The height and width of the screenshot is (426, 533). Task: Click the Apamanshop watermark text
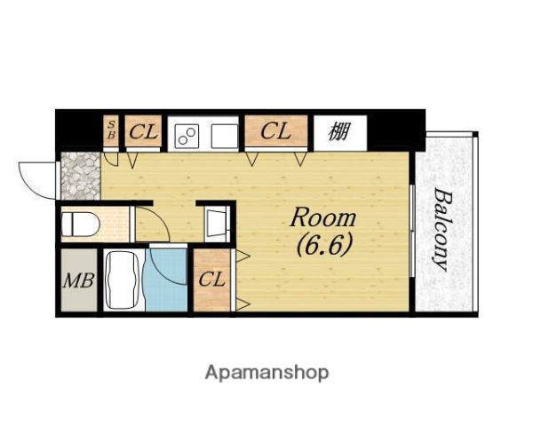(266, 374)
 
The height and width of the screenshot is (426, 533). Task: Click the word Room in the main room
(322, 217)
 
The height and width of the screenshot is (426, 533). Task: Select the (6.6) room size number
(323, 245)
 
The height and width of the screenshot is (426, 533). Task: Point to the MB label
(79, 280)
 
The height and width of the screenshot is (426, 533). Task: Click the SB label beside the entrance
(111, 130)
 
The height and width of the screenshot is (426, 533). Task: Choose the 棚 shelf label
(339, 131)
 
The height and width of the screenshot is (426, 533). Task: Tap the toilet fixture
(81, 224)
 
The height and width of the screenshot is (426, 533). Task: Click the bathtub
(123, 280)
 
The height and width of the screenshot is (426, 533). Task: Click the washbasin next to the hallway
(217, 223)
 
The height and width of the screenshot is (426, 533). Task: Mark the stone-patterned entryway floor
(81, 176)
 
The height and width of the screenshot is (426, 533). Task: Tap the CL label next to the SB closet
(143, 131)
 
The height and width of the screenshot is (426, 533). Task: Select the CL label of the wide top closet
(275, 131)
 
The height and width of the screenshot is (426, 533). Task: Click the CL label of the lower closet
(211, 280)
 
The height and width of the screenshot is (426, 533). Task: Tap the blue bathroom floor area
(166, 280)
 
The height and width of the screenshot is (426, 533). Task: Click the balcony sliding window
(412, 231)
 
